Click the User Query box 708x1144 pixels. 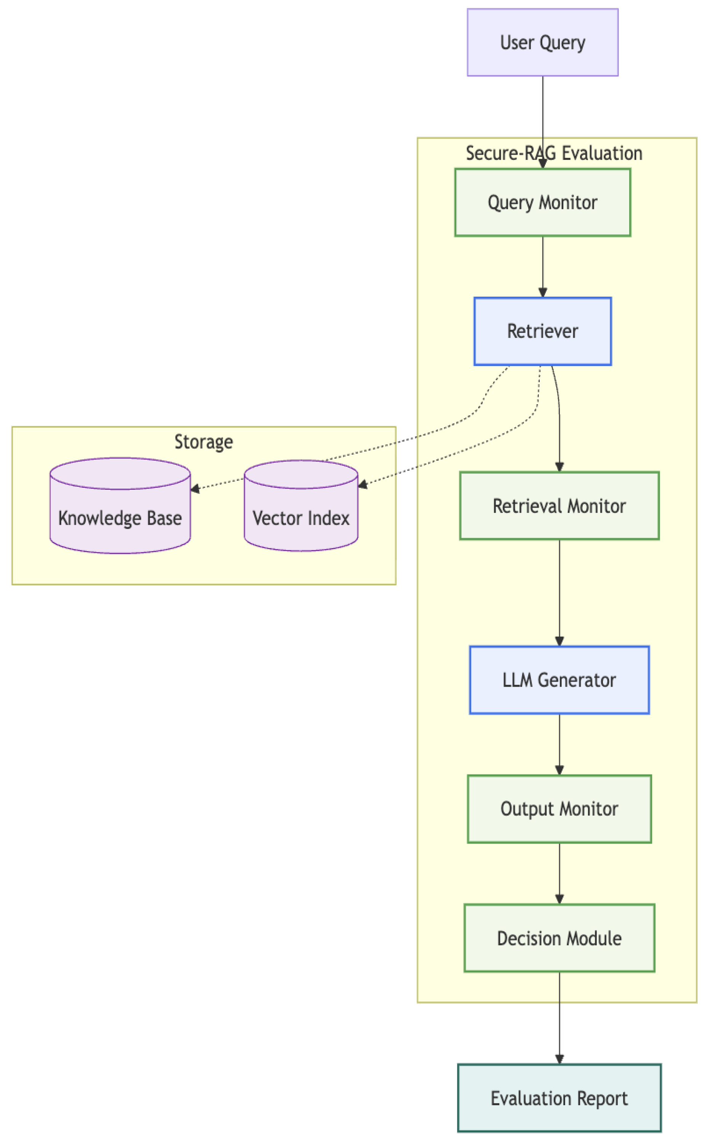tap(542, 43)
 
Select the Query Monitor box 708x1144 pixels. tap(542, 202)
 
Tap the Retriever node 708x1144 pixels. tap(542, 331)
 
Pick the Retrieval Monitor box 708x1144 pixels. tap(559, 505)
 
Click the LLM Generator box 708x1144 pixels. tap(559, 680)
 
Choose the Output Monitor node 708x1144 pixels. tap(559, 809)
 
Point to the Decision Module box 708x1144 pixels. tap(559, 938)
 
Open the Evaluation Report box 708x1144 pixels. tap(559, 1098)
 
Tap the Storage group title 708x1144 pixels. tap(204, 442)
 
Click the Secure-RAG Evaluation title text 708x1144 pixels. tap(553, 153)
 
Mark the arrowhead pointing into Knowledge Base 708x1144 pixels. tap(195, 489)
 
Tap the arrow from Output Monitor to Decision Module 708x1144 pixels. tap(559, 872)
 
